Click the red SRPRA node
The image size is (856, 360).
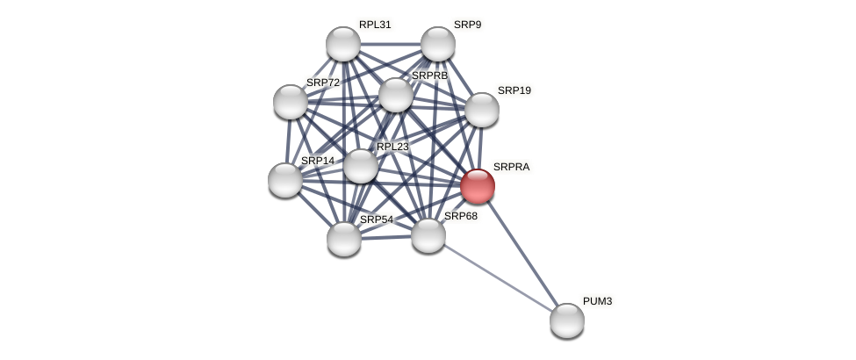(x=478, y=186)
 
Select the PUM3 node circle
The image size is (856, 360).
(x=567, y=320)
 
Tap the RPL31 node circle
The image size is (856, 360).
(x=343, y=44)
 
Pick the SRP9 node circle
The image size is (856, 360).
(x=438, y=44)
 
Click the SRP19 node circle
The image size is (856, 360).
(x=482, y=110)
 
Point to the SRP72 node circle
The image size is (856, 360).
(x=291, y=102)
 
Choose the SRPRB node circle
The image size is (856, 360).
(x=396, y=95)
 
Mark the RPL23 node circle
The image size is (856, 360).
(x=361, y=166)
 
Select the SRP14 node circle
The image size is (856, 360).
(x=285, y=180)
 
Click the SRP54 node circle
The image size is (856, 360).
(x=344, y=239)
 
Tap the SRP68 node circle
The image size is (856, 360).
(x=428, y=235)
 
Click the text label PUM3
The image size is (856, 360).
(x=597, y=301)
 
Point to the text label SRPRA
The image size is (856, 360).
(x=511, y=167)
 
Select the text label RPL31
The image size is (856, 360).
(x=375, y=25)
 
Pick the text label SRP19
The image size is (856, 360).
(x=514, y=90)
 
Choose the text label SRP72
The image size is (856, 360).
(x=322, y=83)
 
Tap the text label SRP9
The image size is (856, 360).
(x=467, y=25)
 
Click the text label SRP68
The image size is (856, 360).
(x=460, y=216)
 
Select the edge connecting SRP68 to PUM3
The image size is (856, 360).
(x=498, y=277)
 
